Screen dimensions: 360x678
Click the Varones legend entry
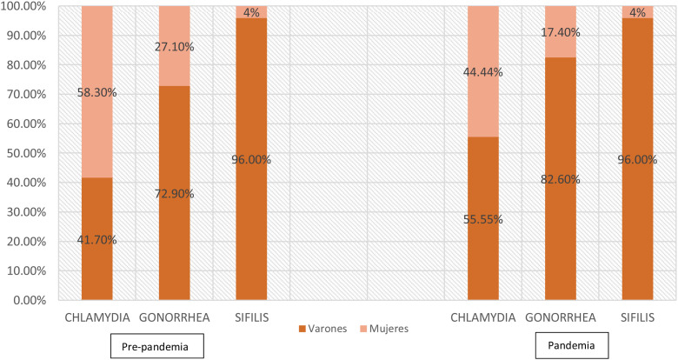322,329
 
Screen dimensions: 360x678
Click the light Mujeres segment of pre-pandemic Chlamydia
97,122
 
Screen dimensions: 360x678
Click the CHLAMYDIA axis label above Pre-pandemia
96,317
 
